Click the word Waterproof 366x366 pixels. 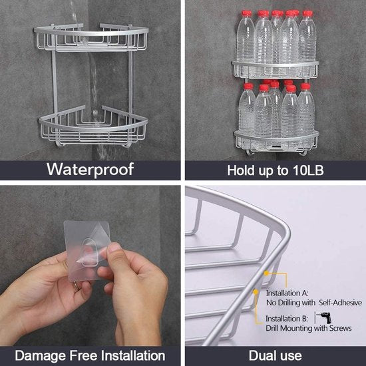click(90, 170)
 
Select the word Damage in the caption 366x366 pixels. click(40, 355)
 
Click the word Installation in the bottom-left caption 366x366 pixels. click(133, 355)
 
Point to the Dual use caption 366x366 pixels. click(275, 356)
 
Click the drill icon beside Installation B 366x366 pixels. click(324, 317)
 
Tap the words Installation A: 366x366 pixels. click(287, 293)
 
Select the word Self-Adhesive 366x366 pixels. click(340, 303)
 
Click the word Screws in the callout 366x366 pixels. click(341, 329)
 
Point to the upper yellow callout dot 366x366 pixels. click(266, 273)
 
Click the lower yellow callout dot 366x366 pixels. click(256, 291)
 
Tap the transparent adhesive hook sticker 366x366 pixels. click(87, 250)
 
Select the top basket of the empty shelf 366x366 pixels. click(91, 37)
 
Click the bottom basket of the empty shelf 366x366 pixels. click(93, 127)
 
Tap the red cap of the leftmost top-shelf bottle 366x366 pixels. click(246, 14)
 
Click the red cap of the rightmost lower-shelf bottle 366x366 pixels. click(305, 87)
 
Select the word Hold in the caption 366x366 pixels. click(241, 170)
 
